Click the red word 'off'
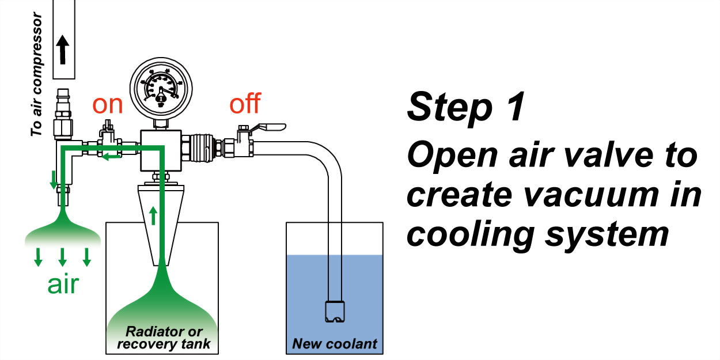click(245, 105)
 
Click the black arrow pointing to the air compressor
click(63, 51)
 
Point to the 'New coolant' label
click(335, 344)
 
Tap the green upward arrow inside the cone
click(153, 217)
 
